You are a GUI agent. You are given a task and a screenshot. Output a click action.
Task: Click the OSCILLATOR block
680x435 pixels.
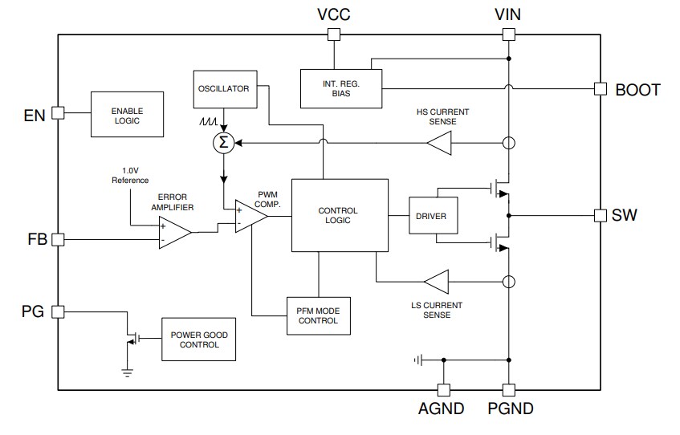[x=223, y=88]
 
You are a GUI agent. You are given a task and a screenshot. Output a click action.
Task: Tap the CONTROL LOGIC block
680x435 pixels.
[x=337, y=215]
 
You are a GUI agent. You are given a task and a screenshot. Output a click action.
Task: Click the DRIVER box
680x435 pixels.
[x=433, y=216]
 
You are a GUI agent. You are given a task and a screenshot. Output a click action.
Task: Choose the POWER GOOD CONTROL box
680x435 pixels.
[x=199, y=339]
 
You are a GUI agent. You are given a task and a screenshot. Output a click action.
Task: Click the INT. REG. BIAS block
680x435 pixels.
[x=341, y=87]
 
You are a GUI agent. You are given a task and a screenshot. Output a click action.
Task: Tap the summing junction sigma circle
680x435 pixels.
[x=223, y=144]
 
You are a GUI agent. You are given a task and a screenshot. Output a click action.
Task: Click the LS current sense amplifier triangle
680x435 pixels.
[x=438, y=282]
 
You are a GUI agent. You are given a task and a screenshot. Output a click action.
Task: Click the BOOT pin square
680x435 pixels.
[x=599, y=89]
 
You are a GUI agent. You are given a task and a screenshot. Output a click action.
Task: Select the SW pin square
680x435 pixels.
[x=599, y=215]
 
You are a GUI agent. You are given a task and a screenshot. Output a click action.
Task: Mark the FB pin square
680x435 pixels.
[x=57, y=239]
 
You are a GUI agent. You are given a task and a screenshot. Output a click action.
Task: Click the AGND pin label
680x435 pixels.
[x=441, y=409]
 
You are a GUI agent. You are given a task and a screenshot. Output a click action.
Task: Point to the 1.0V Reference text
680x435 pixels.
[x=129, y=176]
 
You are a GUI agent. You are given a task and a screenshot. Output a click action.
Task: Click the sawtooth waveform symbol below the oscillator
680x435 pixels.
[x=209, y=124]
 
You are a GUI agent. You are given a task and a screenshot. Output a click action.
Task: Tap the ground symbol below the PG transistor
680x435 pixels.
[x=127, y=371]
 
